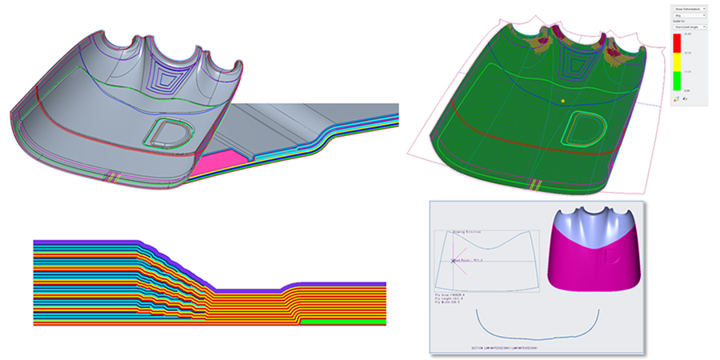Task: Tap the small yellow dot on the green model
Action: tap(562, 101)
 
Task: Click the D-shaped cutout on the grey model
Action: tap(170, 131)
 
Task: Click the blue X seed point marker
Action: tap(454, 261)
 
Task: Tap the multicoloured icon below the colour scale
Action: tap(678, 99)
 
